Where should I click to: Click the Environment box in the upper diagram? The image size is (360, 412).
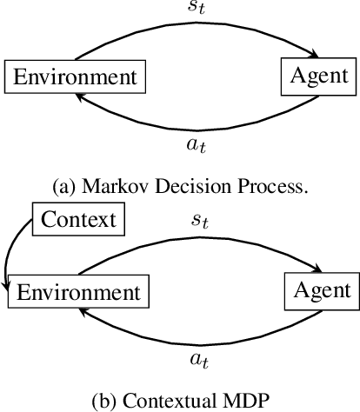coord(74,76)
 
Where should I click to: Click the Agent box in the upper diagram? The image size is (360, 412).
coord(319,76)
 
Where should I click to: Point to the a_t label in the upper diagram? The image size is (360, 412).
coord(197,147)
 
